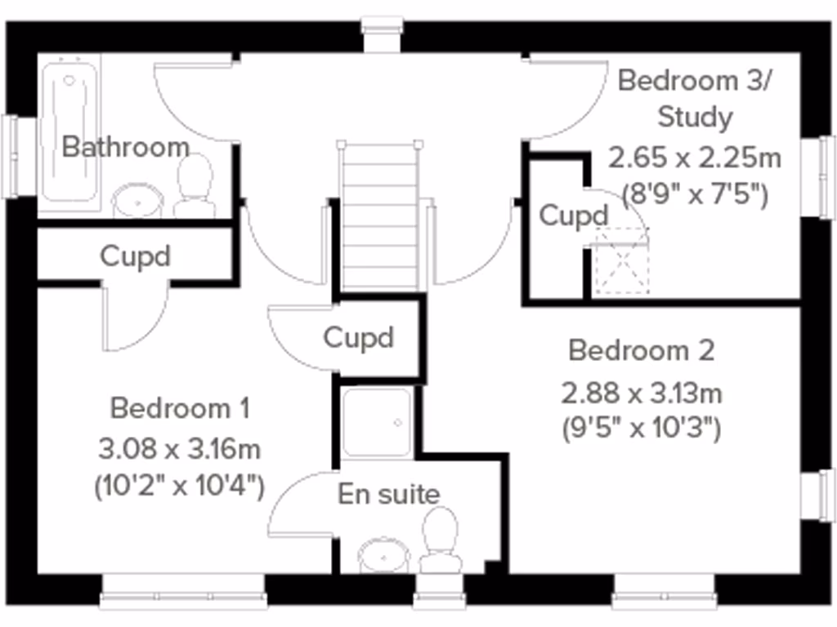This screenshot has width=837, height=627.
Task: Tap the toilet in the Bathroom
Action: click(195, 186)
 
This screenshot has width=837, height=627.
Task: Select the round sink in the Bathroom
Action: click(137, 200)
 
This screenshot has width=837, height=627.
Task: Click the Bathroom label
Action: click(126, 147)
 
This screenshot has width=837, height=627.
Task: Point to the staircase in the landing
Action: click(380, 216)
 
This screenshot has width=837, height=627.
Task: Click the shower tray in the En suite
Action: click(376, 422)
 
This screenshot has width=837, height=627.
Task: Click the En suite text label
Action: click(389, 494)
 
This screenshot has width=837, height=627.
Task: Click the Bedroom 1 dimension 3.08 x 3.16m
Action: click(180, 448)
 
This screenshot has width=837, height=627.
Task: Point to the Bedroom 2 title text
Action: click(642, 351)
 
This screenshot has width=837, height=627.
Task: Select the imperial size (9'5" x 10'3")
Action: click(642, 428)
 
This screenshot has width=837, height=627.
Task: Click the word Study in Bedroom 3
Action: click(695, 117)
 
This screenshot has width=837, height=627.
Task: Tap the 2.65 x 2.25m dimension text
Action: click(695, 157)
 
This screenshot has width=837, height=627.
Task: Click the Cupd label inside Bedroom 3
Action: click(574, 216)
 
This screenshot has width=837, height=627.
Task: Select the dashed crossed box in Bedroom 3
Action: click(621, 261)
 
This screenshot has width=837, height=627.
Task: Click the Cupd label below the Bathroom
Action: click(135, 256)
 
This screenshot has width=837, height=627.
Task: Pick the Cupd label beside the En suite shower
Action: click(359, 337)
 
